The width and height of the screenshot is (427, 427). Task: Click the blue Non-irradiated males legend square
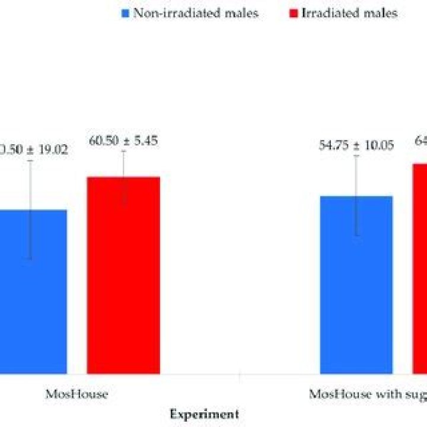(125, 13)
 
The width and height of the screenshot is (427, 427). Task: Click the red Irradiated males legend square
(294, 13)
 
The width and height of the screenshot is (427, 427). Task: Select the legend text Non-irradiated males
(195, 13)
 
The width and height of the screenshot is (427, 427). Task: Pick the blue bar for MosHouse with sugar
(356, 285)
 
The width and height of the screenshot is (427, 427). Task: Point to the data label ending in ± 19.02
(33, 149)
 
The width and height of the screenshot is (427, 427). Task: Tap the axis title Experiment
(204, 413)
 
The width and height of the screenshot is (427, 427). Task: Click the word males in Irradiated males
(378, 13)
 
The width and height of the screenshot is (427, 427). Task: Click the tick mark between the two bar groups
(239, 377)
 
